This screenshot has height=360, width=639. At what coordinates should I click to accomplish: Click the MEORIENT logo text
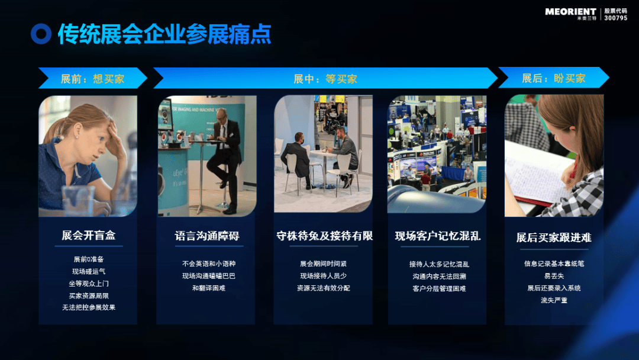click(570, 11)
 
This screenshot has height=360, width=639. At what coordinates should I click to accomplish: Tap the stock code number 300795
click(616, 18)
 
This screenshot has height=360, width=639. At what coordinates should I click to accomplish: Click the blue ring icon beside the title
click(41, 34)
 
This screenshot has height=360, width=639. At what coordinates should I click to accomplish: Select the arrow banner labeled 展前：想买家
click(93, 78)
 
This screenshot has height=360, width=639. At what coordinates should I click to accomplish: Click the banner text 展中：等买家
click(325, 79)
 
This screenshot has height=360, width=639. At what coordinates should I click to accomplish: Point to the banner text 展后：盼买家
click(553, 78)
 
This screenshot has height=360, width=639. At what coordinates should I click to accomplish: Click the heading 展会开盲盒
click(88, 235)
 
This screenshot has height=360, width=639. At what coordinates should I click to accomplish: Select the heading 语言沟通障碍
click(207, 236)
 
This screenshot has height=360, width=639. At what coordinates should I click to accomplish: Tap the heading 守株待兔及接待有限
click(324, 236)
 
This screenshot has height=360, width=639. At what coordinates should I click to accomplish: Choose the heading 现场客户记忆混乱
click(437, 236)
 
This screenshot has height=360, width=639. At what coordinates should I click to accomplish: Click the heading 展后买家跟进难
click(553, 237)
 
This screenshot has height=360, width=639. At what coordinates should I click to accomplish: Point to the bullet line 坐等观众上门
click(88, 284)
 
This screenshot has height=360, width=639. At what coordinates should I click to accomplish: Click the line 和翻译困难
click(209, 288)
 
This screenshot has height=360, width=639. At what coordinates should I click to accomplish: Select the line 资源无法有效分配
click(323, 288)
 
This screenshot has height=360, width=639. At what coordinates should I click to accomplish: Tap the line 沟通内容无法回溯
click(439, 276)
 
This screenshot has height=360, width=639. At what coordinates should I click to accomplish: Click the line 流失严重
click(554, 300)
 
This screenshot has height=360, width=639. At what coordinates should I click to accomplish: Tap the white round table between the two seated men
click(324, 153)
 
